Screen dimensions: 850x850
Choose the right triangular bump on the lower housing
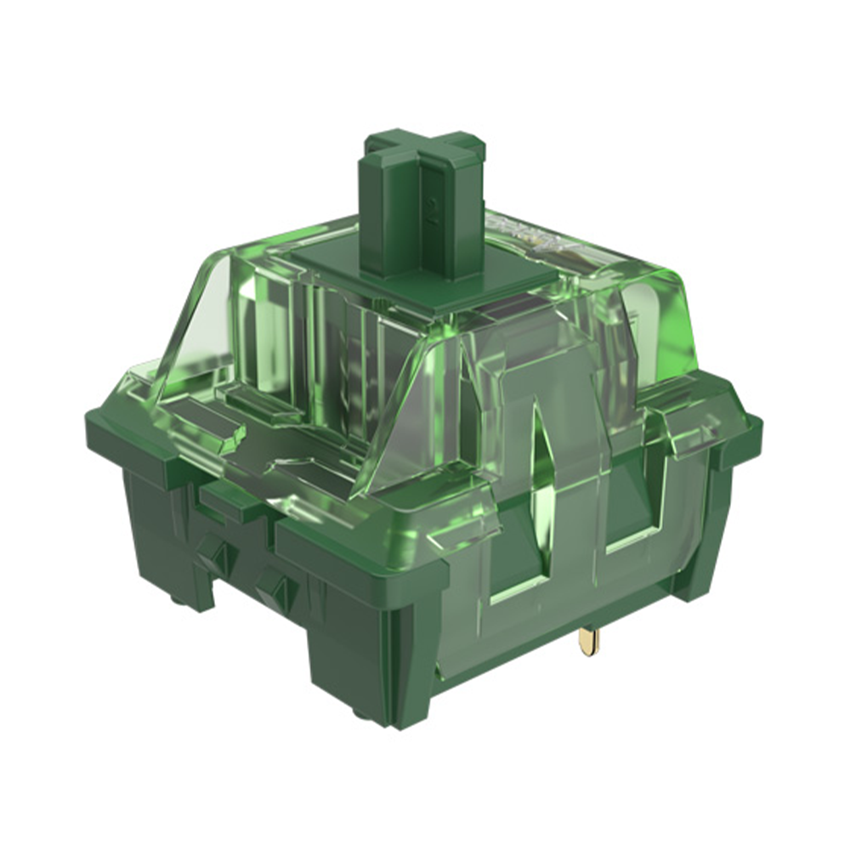[274, 586]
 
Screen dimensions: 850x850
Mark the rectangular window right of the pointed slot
[620, 510]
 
